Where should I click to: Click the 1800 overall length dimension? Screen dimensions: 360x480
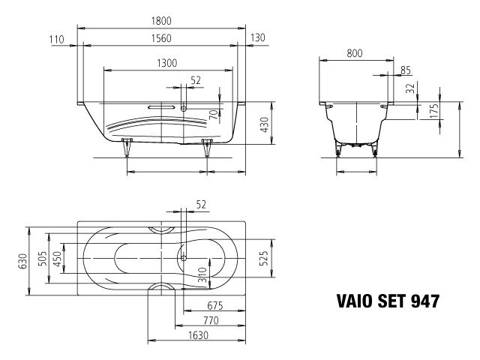tap(163, 23)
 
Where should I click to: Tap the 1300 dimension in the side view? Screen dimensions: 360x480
tap(163, 64)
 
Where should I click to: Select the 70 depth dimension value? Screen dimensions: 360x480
tap(214, 115)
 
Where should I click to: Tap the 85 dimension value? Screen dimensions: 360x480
tap(405, 70)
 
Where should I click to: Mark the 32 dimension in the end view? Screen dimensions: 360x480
tap(409, 88)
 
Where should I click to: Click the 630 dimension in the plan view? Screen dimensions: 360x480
tap(22, 259)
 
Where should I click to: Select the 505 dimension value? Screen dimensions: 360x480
tap(43, 259)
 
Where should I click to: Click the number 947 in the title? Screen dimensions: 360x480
tap(424, 301)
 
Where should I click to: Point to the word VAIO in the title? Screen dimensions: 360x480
tap(349, 301)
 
